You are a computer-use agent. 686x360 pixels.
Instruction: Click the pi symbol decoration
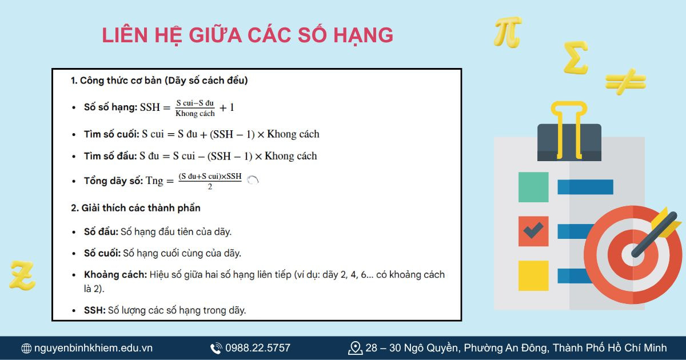coord(508,32)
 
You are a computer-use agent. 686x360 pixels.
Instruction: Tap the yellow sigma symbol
coord(575,58)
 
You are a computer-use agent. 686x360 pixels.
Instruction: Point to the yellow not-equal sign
coord(625,81)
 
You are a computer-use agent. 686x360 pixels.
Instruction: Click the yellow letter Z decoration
coord(23,274)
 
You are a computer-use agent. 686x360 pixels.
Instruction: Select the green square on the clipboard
coord(533,187)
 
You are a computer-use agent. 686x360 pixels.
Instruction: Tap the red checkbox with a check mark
coord(533,231)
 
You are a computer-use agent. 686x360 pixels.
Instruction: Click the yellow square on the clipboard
coord(533,275)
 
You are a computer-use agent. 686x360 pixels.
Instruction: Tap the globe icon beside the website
coord(26,348)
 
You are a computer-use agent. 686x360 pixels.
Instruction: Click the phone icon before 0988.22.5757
coord(216,348)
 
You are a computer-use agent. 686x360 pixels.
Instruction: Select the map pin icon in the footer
coord(355,347)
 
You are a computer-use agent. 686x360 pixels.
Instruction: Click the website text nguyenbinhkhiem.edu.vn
coord(93,348)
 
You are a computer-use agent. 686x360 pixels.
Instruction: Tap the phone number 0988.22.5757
coord(257,348)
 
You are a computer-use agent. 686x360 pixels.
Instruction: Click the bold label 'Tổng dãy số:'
coord(113,181)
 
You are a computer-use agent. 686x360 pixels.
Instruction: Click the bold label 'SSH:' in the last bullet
coord(95,310)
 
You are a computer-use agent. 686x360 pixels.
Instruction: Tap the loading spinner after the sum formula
coord(253,180)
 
